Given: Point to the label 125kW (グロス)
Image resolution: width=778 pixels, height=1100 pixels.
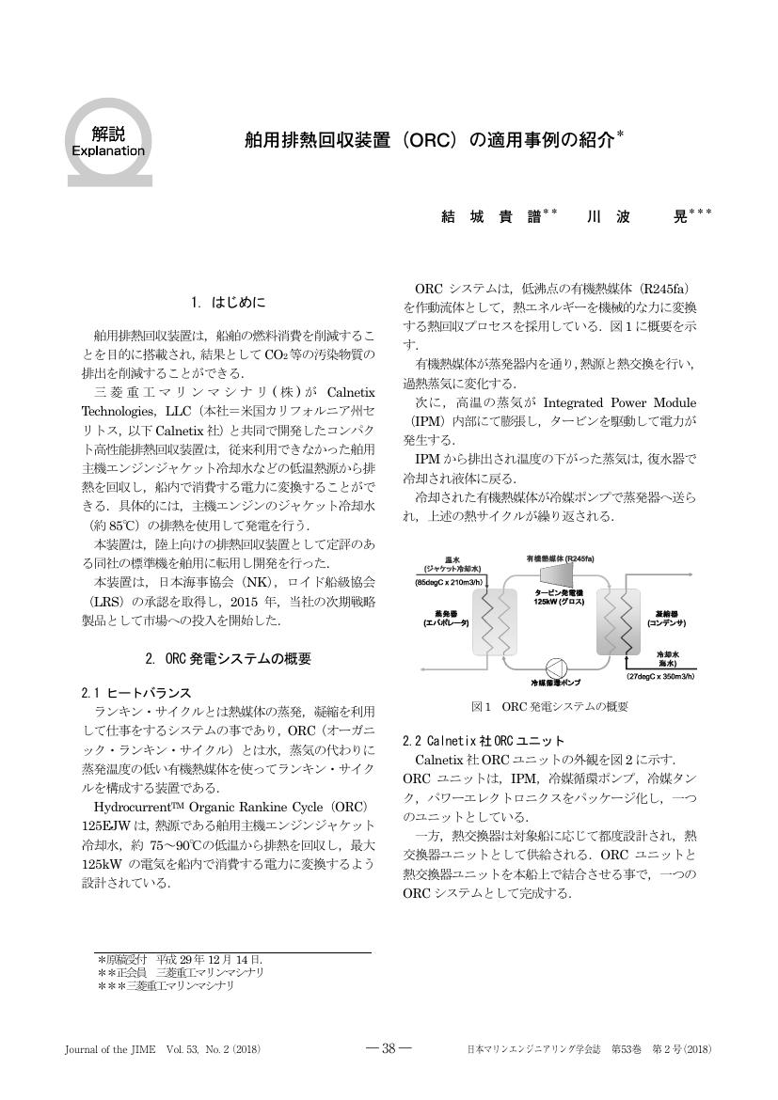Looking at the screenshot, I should coord(559,601).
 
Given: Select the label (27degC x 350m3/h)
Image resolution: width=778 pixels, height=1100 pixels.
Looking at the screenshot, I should coord(662,676).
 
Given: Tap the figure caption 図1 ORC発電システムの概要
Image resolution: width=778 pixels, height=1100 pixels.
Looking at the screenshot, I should coord(549,705).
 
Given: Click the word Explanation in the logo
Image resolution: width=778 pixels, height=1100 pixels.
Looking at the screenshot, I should coord(108,150).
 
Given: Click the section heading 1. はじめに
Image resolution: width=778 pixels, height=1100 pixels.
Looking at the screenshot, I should coord(228,302).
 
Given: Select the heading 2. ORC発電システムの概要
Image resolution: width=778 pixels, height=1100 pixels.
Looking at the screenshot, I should coord(228,657).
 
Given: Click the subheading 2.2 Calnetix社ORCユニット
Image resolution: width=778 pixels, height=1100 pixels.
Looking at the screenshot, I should coord(484,740).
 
